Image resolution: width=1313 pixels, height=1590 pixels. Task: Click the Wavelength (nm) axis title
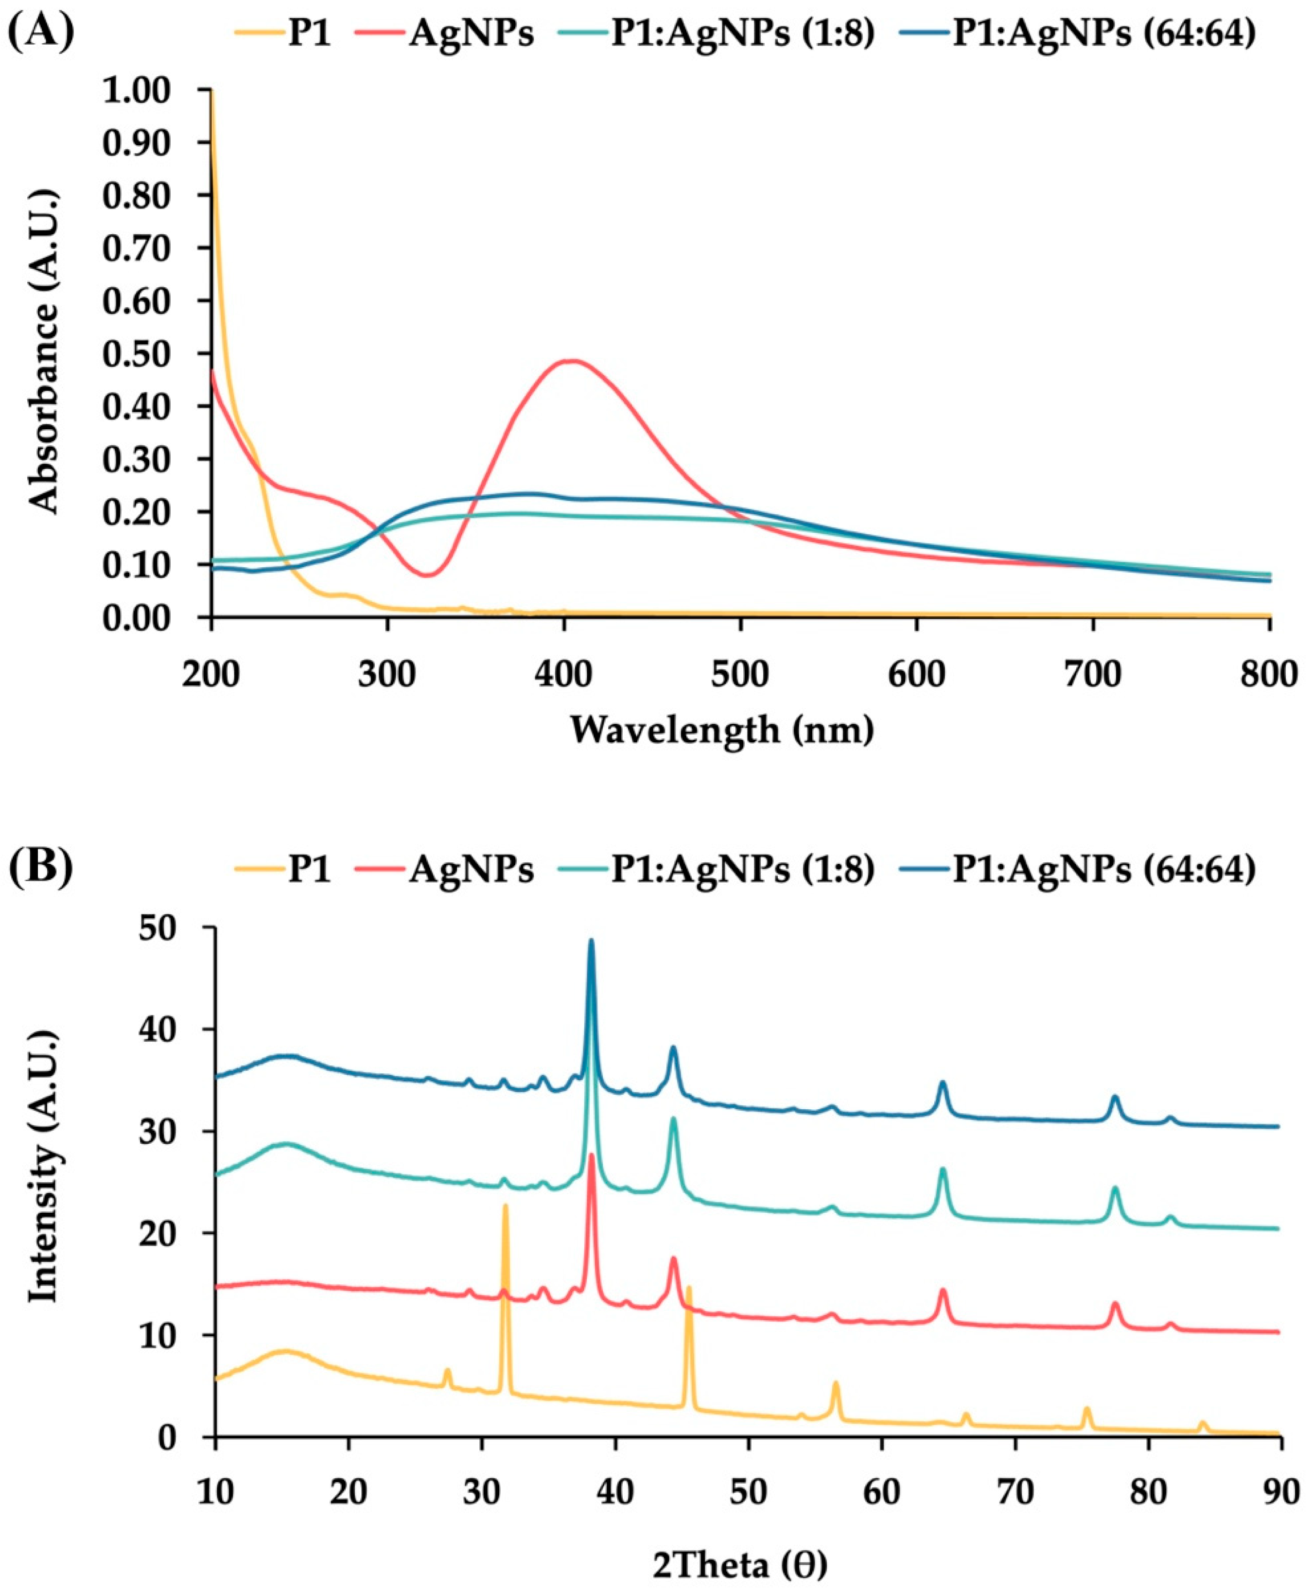click(x=722, y=730)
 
